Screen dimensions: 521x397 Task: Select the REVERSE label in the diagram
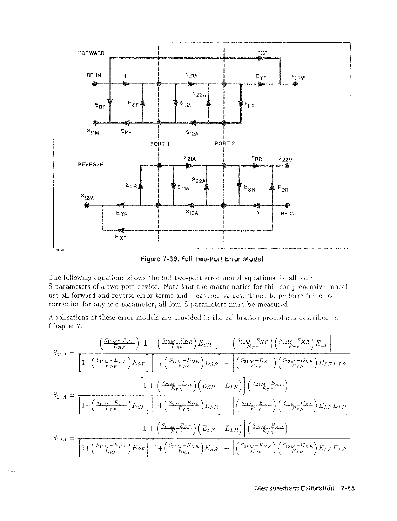click(90, 164)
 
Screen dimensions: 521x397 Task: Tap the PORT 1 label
click(159, 144)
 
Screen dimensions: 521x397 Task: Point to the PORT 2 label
click(225, 143)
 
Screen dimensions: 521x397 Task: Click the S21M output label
click(298, 78)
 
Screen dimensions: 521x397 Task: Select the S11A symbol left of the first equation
click(60, 353)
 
